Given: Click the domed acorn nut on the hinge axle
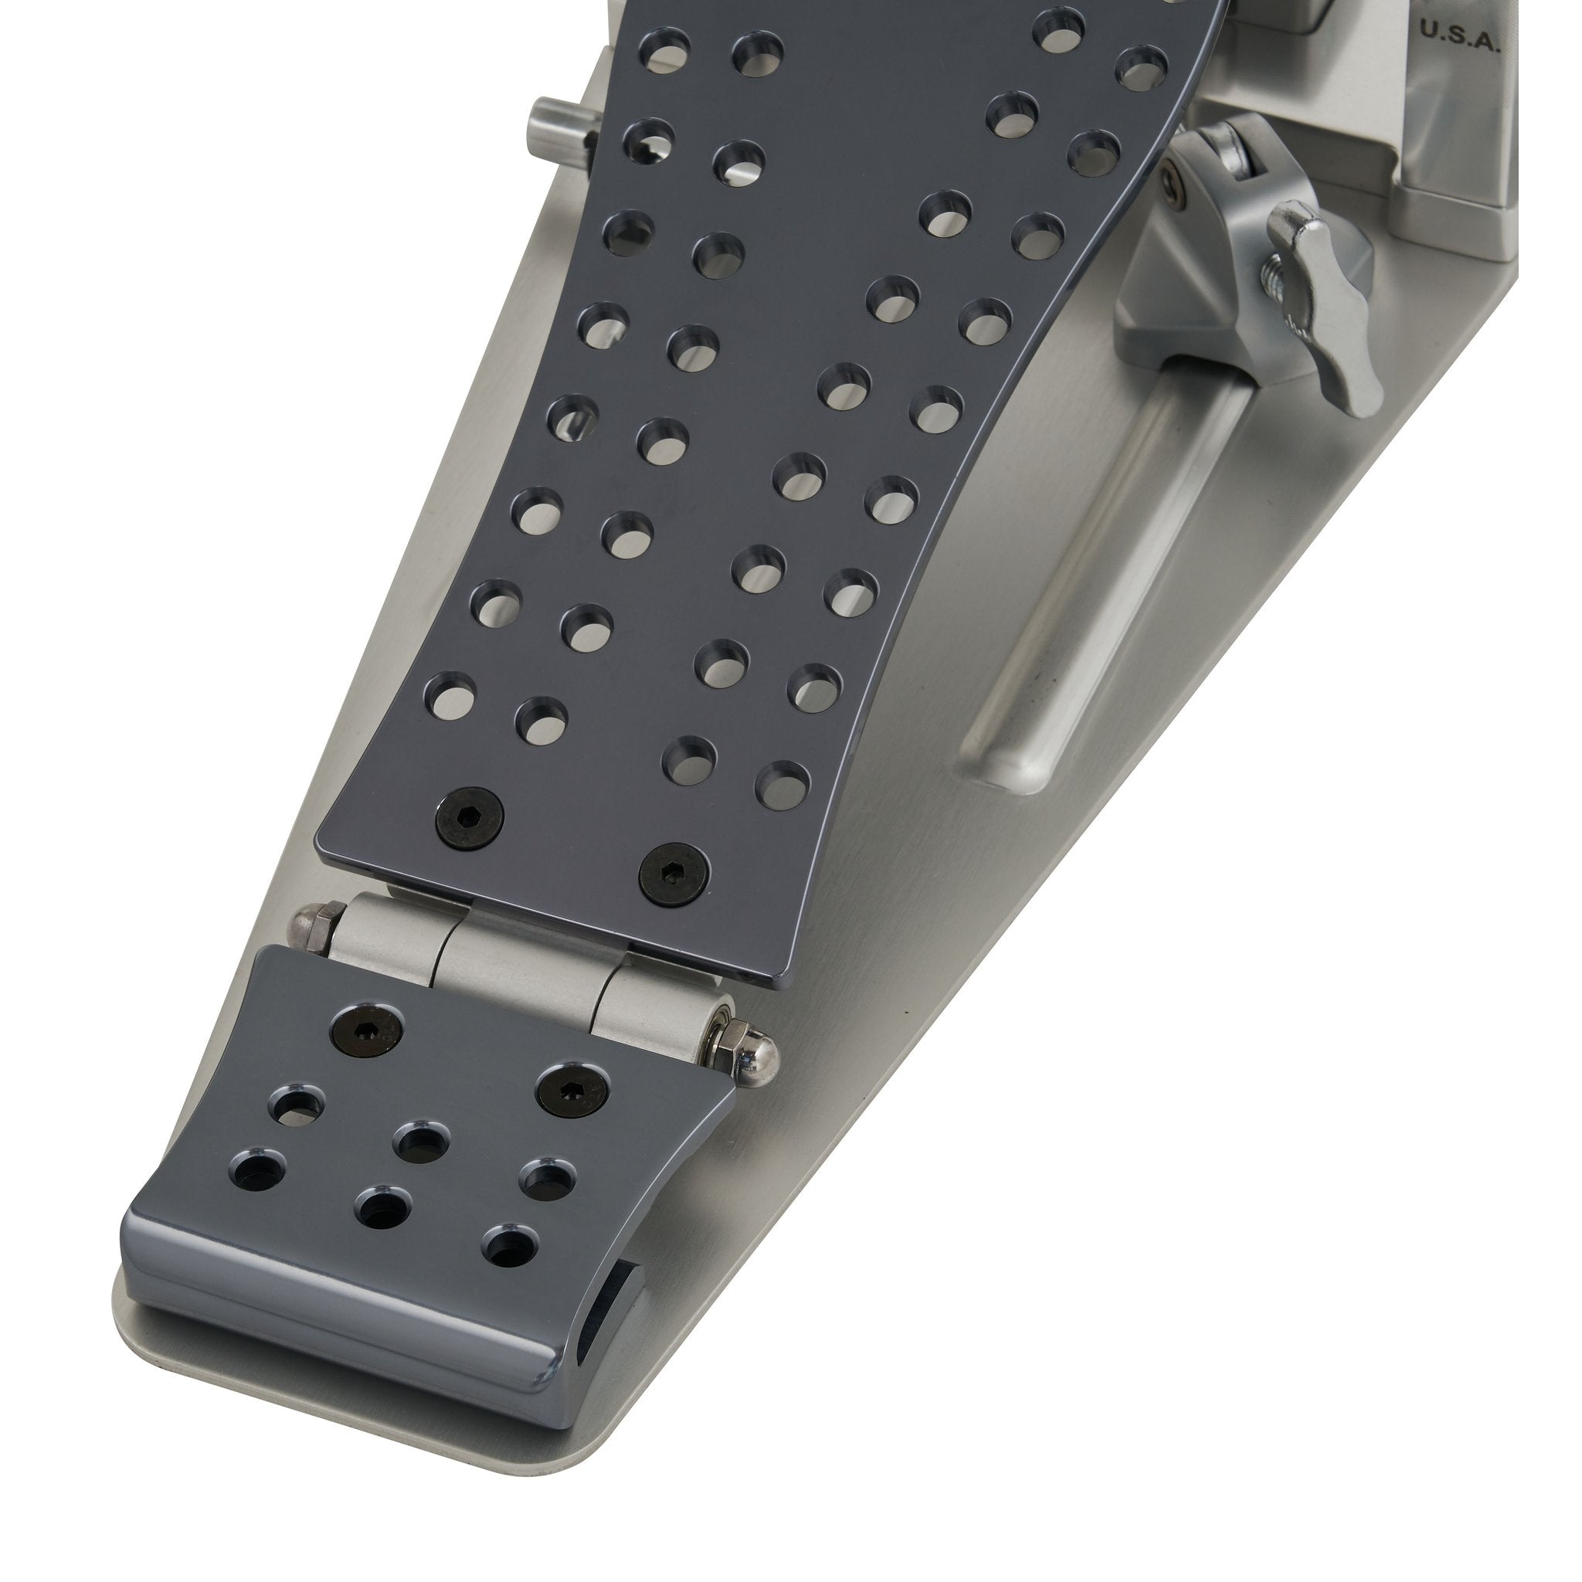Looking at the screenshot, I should pos(761,1061).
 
